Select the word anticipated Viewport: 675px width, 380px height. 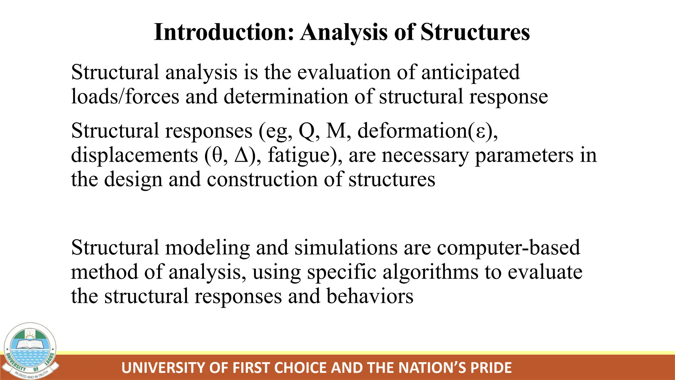[x=470, y=73]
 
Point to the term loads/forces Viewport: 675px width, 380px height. [x=125, y=97]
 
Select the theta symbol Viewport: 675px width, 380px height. [x=217, y=155]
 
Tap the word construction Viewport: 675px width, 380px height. [x=262, y=180]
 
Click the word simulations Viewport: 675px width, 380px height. [x=346, y=248]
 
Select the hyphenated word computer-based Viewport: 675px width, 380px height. [x=508, y=248]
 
